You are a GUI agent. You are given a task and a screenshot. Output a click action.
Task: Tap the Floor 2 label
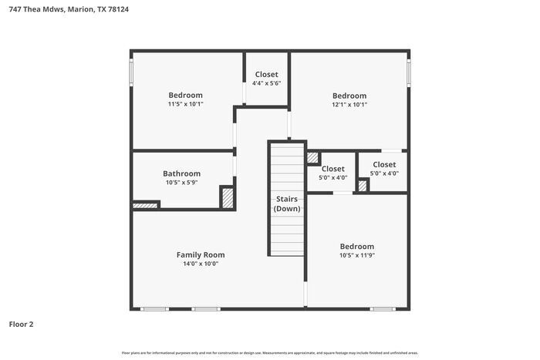21,325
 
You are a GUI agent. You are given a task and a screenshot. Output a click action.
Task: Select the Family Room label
201,254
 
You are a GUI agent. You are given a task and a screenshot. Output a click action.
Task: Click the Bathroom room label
181,173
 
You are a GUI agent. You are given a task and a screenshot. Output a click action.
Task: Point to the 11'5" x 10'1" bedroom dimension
185,104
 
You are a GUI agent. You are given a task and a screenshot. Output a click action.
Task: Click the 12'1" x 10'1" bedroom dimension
349,104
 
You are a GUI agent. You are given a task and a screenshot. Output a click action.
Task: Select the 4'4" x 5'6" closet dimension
267,83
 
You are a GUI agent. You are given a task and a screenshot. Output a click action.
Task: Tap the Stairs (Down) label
287,204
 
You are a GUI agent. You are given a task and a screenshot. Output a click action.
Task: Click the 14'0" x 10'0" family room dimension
201,264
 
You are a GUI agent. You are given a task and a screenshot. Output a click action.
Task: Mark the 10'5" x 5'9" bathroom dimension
181,183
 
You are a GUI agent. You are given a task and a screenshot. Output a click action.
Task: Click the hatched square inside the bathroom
228,197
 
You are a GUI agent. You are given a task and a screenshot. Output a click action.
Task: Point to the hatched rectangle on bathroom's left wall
145,205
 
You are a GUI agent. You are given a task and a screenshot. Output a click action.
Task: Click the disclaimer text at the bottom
269,352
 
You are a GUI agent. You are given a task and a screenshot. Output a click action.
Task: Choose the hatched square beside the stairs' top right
312,158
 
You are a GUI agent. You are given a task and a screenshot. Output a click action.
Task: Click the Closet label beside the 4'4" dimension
267,74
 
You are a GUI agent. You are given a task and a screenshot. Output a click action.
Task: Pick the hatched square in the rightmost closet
363,185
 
